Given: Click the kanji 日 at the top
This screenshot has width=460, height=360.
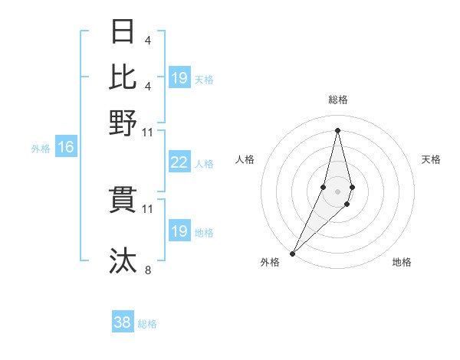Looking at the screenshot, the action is (x=123, y=33).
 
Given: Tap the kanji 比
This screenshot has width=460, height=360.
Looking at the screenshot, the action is (x=123, y=77).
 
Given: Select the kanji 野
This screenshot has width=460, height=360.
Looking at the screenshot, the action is (x=123, y=122).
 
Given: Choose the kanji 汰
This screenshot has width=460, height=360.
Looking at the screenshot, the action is (x=123, y=260).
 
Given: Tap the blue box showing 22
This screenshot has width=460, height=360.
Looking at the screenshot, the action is (x=179, y=162).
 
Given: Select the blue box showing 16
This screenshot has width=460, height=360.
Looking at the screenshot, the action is (x=66, y=148).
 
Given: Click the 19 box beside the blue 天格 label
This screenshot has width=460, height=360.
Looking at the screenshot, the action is (x=179, y=78).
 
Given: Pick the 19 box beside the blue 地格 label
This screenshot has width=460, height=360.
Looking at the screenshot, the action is (x=179, y=231).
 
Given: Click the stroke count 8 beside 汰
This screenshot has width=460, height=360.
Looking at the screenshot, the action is (x=148, y=270).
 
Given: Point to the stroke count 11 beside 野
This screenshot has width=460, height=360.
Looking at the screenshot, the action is (x=148, y=132).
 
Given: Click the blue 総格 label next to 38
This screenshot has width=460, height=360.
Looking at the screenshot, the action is (x=147, y=324).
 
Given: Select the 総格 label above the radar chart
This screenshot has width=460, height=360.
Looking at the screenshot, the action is (x=337, y=100).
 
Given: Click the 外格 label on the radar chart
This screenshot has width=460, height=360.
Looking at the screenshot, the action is (x=270, y=263).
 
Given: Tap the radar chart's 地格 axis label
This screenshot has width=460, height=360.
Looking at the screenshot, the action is (x=402, y=263).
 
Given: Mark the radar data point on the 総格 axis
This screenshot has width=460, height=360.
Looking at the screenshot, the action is (x=337, y=129).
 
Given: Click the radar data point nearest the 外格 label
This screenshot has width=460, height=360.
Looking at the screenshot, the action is (x=292, y=253).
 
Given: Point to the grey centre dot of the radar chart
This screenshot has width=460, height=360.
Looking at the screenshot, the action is (x=337, y=190).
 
